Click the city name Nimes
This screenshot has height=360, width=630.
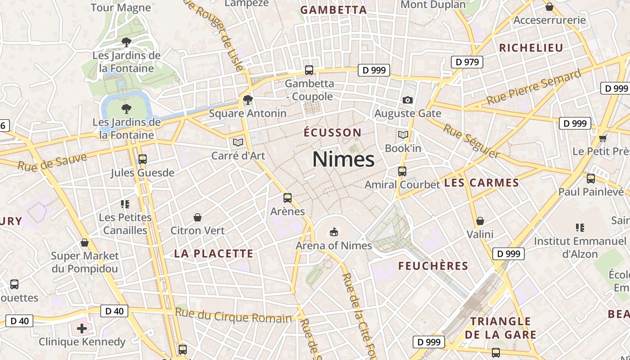[343, 159]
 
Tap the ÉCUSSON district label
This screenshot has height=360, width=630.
[333, 133]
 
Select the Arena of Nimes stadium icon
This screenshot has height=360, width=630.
[333, 232]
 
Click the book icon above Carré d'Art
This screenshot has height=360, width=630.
[238, 143]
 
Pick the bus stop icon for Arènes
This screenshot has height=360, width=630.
[287, 198]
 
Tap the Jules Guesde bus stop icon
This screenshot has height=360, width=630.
[142, 159]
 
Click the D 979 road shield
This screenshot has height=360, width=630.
[467, 62]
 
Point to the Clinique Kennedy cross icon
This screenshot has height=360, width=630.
[81, 328]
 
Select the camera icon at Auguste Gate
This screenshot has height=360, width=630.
[408, 100]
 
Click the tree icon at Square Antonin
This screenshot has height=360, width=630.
[247, 100]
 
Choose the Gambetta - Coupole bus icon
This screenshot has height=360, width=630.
[309, 70]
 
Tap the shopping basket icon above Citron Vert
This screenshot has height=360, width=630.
[197, 218]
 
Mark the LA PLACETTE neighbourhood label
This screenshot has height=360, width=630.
[214, 254]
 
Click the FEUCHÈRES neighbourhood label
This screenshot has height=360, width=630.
[433, 266]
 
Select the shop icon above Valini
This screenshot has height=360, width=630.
[480, 221]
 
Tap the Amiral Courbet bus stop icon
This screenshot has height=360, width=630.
[402, 171]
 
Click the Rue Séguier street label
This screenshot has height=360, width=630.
[471, 141]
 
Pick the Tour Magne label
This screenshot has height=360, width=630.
[121, 8]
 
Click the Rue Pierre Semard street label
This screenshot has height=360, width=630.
[534, 87]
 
